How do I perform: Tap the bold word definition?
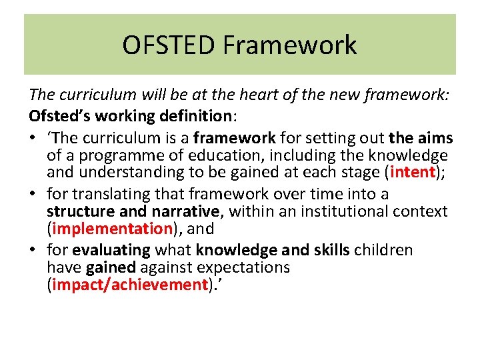click(194, 116)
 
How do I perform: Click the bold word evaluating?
click(112, 250)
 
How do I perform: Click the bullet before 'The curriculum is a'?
click(33, 138)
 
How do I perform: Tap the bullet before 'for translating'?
click(33, 194)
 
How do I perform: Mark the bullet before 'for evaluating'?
click(33, 250)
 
